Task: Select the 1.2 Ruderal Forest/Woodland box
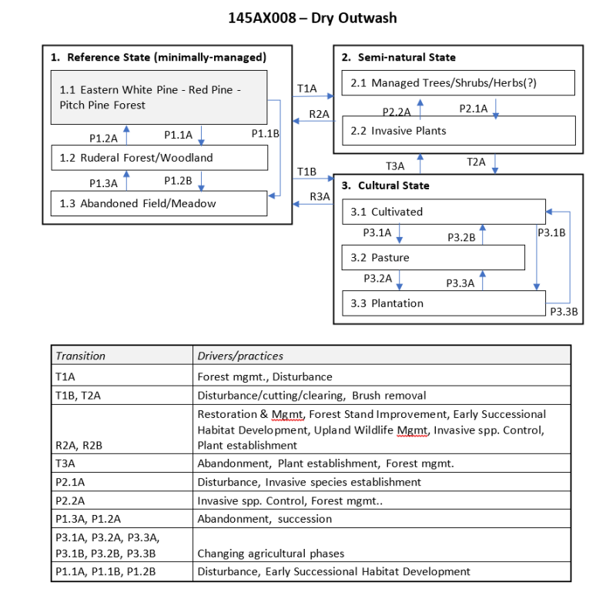(159, 158)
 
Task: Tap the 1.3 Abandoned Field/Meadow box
(159, 203)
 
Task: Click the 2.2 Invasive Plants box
(458, 131)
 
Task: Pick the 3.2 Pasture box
(433, 257)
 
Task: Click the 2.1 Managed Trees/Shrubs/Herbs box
(458, 82)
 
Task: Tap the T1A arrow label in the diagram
(306, 89)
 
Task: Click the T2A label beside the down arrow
(476, 162)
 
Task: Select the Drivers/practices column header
(240, 356)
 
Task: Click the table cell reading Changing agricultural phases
(271, 553)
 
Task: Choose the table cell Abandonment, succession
(264, 519)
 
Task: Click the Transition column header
(80, 356)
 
